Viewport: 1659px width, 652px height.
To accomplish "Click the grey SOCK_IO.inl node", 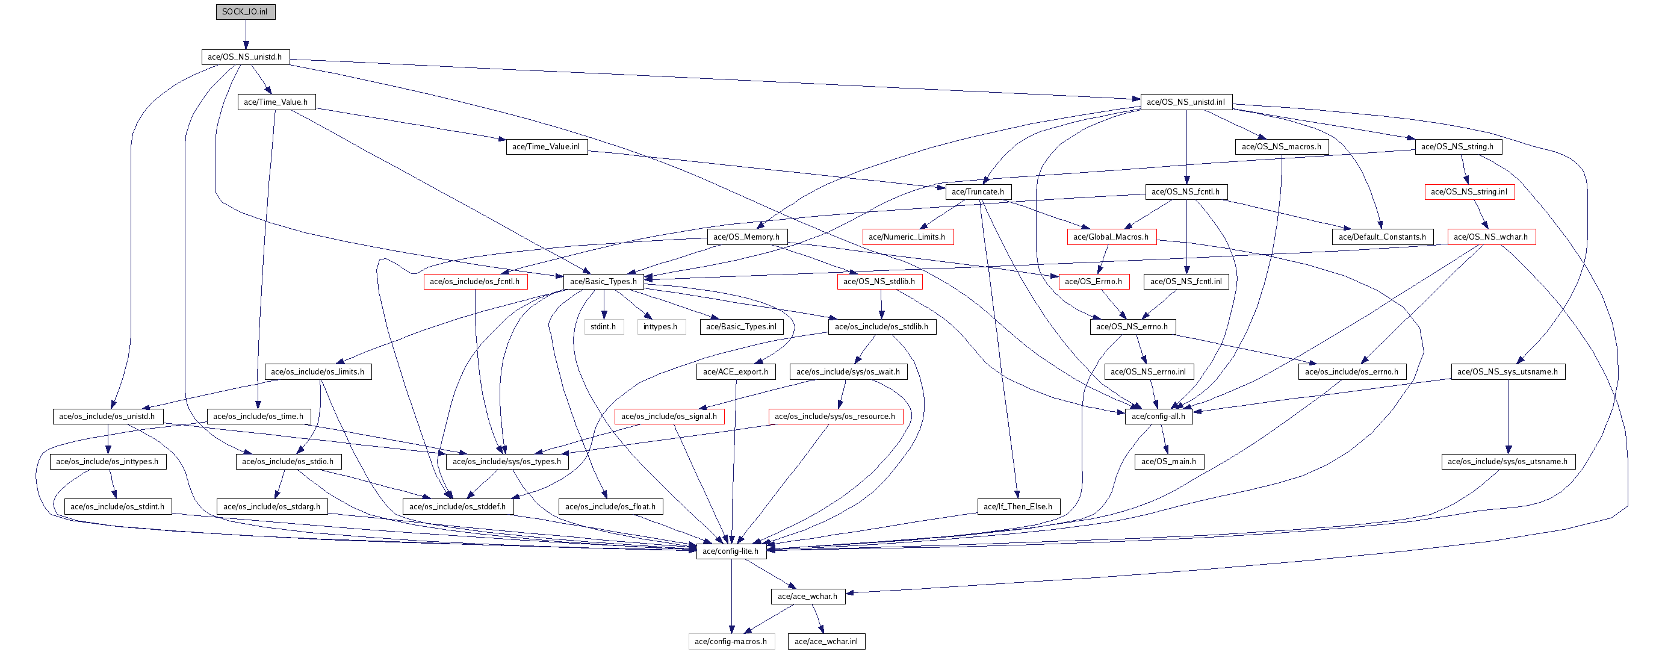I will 246,11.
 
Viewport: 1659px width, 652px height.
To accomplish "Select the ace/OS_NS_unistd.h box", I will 246,57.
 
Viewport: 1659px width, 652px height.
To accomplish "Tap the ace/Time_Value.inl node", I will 546,147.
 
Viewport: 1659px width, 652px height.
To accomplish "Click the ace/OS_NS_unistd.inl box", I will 1186,102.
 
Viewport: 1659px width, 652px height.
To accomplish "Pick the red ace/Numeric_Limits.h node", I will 907,237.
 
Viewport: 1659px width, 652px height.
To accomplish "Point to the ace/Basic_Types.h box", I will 603,282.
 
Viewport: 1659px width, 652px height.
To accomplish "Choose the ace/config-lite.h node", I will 731,551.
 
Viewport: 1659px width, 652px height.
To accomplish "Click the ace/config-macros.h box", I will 731,642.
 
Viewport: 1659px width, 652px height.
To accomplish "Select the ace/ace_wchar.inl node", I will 826,642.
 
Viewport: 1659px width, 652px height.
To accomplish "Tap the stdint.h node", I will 603,327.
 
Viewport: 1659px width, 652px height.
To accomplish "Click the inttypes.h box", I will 660,327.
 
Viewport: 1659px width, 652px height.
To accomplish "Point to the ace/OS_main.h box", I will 1169,462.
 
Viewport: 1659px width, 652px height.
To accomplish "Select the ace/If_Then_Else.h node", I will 1018,507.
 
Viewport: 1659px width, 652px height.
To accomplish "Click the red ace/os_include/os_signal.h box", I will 669,417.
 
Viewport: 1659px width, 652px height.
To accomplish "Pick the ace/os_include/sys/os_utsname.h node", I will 1508,462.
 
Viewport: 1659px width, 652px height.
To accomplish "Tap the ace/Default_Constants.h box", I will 1382,237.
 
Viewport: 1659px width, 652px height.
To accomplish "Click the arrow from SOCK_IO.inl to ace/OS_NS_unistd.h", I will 246,35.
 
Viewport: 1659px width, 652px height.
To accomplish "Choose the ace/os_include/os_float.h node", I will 610,507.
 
